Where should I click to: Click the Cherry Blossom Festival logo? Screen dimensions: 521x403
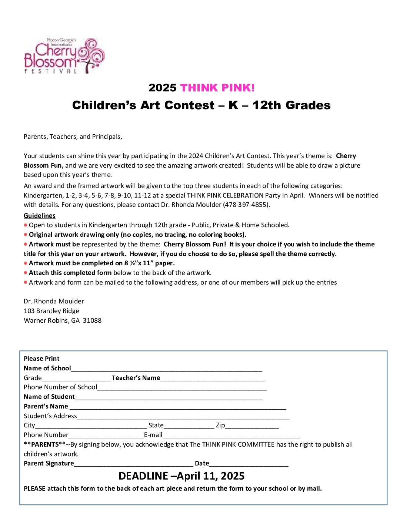[x=64, y=56]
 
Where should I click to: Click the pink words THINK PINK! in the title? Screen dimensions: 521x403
[x=217, y=88]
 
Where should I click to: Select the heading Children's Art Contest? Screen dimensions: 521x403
[x=201, y=105]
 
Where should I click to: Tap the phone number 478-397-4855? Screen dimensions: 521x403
[x=246, y=205]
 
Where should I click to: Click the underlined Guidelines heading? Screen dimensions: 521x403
[x=40, y=216]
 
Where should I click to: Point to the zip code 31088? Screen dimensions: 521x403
[x=92, y=320]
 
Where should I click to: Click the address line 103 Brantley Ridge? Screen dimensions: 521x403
[x=51, y=311]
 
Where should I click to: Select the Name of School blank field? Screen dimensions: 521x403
[x=166, y=369]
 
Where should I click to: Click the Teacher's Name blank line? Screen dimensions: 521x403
[x=212, y=379]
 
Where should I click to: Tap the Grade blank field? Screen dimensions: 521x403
[x=76, y=379]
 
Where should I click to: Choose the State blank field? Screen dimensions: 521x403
[x=189, y=426]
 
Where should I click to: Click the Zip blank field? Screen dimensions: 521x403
[x=252, y=426]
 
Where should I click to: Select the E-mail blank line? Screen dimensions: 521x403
[x=231, y=436]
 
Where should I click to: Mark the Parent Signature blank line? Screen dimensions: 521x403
[x=133, y=464]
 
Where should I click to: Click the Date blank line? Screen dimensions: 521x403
[x=249, y=464]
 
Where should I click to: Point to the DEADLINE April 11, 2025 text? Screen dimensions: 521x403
[x=181, y=476]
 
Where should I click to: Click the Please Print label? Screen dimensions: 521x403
[x=41, y=359]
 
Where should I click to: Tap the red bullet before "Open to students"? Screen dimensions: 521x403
[x=26, y=225]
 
